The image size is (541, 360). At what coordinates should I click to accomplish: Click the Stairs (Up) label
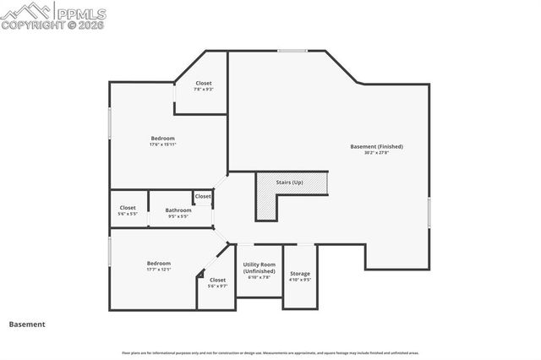(x=290, y=181)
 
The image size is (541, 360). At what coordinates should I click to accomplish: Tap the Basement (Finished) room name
(x=376, y=146)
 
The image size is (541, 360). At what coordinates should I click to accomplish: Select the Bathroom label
(x=178, y=210)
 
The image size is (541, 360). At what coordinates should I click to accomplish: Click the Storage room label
(x=300, y=274)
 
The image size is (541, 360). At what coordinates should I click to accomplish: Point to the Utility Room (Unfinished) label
(x=260, y=267)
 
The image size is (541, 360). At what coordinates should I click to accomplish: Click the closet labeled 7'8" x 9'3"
(x=203, y=83)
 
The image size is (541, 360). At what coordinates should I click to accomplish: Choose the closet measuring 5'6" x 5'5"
(x=128, y=207)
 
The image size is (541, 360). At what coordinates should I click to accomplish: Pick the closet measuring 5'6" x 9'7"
(x=217, y=280)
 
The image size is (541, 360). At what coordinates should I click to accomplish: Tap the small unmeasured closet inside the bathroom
(x=203, y=196)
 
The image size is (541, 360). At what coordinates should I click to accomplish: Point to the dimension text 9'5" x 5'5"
(x=178, y=215)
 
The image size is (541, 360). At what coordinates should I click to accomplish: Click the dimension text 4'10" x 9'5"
(x=300, y=280)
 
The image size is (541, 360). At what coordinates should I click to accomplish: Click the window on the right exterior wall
(x=429, y=211)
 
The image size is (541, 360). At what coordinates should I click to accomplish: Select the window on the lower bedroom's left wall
(x=109, y=253)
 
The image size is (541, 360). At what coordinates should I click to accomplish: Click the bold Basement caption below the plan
(x=27, y=324)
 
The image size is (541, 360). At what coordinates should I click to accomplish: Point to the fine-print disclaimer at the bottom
(x=270, y=352)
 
